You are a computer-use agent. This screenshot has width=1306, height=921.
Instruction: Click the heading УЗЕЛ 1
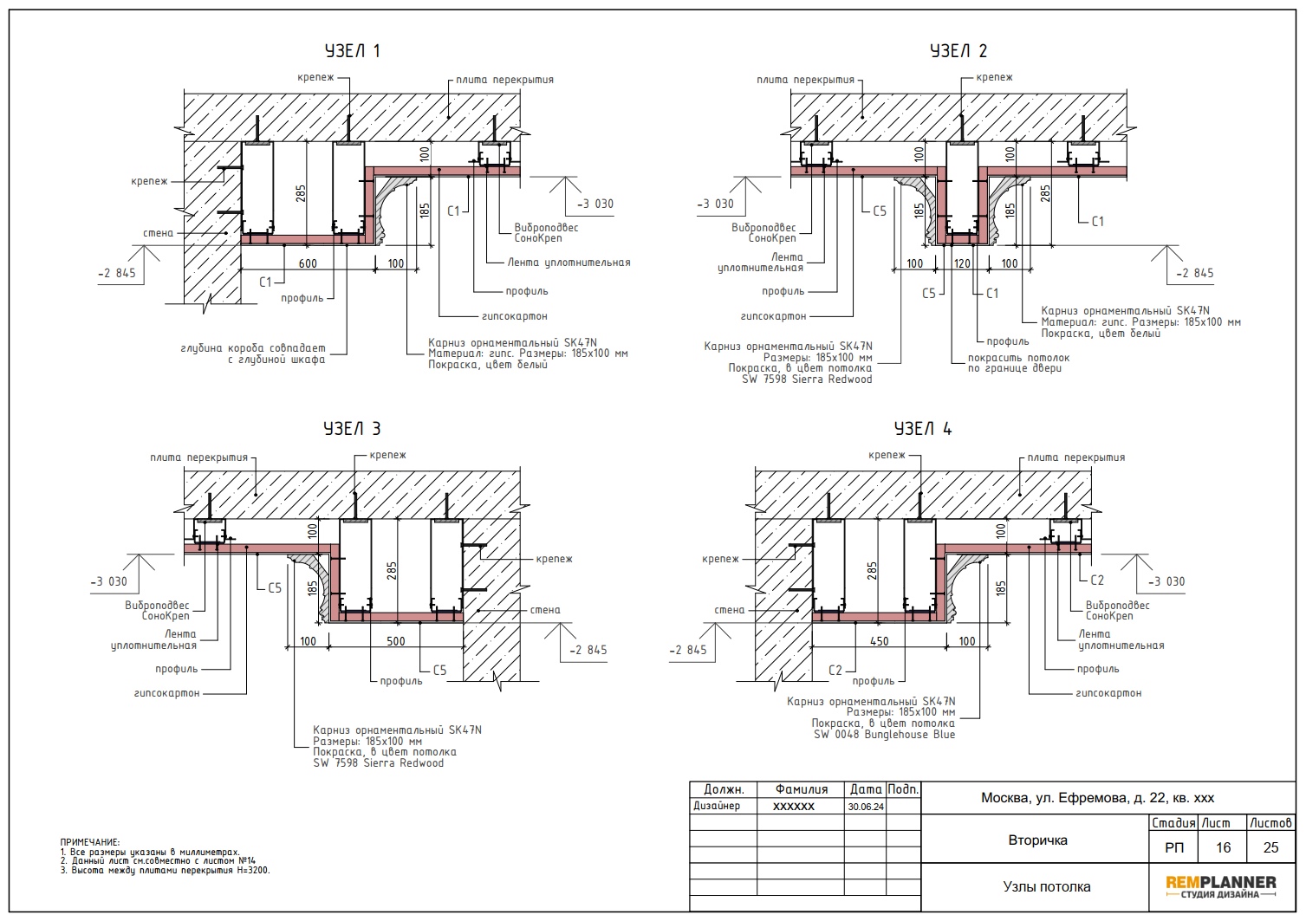(352, 51)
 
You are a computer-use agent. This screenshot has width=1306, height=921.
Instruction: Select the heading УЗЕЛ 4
(923, 429)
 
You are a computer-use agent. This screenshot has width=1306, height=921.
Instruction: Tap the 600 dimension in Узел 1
(308, 263)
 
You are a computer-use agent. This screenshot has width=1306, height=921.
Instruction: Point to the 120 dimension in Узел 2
(962, 263)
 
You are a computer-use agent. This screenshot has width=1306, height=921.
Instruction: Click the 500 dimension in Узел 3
(396, 641)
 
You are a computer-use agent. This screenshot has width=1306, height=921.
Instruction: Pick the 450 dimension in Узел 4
(880, 641)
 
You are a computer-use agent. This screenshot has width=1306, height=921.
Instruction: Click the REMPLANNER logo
(1221, 887)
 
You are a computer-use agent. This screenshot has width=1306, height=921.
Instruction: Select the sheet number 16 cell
(1223, 847)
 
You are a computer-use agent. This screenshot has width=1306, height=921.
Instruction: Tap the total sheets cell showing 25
(1270, 847)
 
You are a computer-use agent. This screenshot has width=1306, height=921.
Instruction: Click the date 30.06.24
(866, 807)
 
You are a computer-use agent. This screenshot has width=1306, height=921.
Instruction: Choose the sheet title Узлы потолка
(1047, 886)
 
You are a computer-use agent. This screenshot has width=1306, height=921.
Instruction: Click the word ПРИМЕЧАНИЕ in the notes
(90, 842)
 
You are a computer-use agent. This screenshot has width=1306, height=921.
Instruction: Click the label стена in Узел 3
(545, 610)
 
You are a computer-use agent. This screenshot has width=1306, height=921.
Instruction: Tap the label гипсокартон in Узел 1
(514, 316)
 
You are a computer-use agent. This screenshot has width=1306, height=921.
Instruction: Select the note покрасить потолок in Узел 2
(1018, 357)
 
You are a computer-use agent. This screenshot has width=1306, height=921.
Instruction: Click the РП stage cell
(1173, 847)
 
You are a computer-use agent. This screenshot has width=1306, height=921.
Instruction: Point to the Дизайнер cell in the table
(717, 806)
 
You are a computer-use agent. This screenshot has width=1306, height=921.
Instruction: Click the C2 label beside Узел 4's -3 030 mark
(1097, 580)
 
